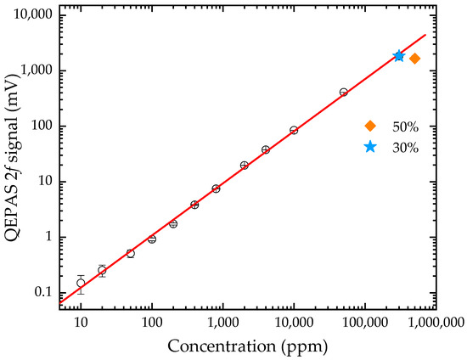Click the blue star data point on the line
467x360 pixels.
pyautogui.click(x=399, y=56)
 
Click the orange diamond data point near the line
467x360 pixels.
pyautogui.click(x=415, y=59)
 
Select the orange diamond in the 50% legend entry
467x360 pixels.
pyautogui.click(x=370, y=126)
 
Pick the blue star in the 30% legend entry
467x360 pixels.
pyautogui.click(x=370, y=147)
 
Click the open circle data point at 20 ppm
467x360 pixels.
pyautogui.click(x=102, y=270)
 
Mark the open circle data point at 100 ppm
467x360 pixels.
pyautogui.click(x=152, y=239)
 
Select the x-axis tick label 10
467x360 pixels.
pyautogui.click(x=81, y=322)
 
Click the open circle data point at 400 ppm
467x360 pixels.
pyautogui.click(x=194, y=205)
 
